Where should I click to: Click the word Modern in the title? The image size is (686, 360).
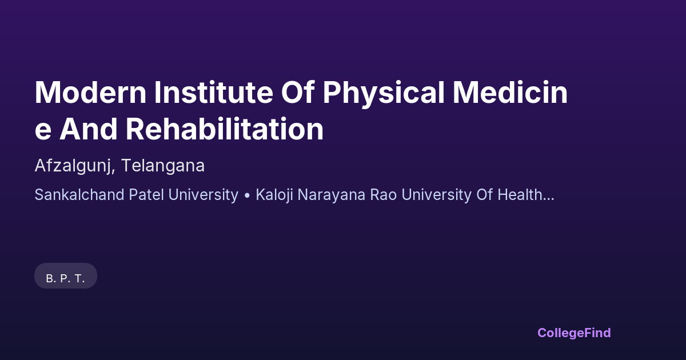(x=91, y=93)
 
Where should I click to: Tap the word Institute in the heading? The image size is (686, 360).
(x=213, y=93)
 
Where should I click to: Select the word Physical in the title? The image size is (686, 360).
(x=384, y=94)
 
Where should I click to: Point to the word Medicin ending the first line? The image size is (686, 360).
(x=510, y=93)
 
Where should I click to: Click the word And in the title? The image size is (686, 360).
(x=88, y=129)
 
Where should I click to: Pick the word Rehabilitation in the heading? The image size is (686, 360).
(x=225, y=129)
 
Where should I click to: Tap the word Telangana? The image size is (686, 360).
(x=162, y=166)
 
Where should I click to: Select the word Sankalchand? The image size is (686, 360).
(x=79, y=195)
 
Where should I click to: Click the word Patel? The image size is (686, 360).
(x=146, y=195)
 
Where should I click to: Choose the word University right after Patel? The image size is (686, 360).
(x=204, y=195)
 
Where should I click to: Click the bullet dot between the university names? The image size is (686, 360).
(x=247, y=195)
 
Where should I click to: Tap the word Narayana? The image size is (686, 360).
(x=332, y=195)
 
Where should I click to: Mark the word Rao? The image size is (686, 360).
(x=384, y=195)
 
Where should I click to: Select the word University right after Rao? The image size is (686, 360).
(x=436, y=195)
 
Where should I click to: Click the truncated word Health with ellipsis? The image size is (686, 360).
(x=526, y=195)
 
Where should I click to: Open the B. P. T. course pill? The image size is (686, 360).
(x=66, y=276)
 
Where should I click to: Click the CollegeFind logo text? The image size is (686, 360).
(x=574, y=333)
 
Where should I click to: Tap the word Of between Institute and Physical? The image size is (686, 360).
(x=298, y=93)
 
